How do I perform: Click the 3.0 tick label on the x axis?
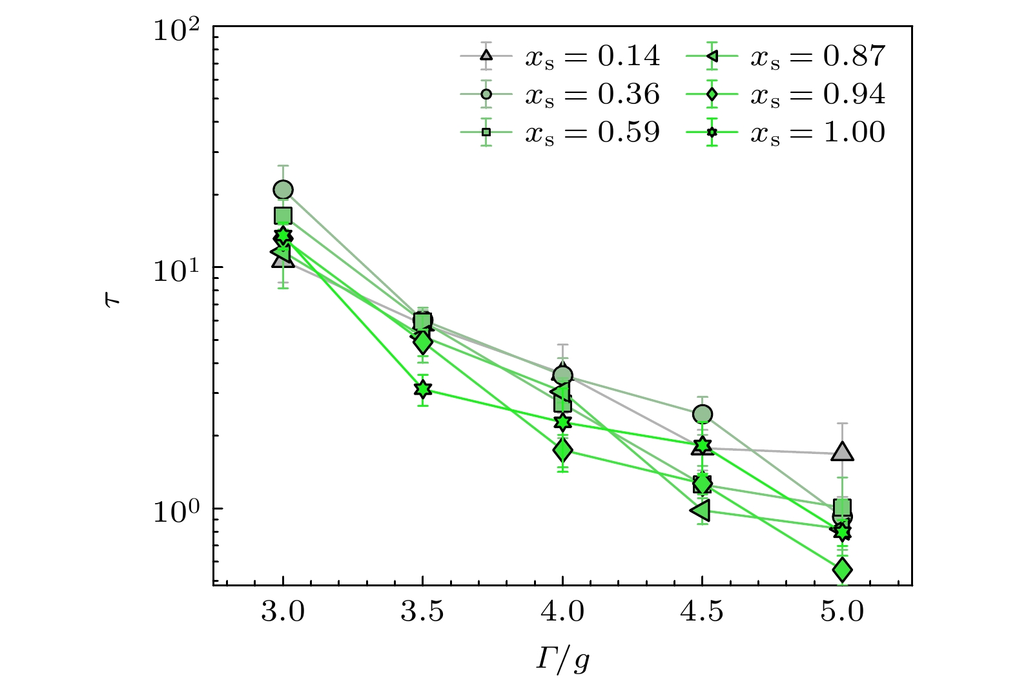pos(283,611)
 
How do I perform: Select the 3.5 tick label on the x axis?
pos(422,611)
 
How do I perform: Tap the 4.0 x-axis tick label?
pos(562,611)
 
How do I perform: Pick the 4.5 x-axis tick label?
pos(702,611)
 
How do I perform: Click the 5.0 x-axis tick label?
pos(842,611)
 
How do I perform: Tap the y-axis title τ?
pos(112,302)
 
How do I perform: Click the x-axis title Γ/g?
pos(562,659)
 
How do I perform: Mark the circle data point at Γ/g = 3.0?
pos(283,190)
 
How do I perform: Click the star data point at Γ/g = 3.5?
pos(422,389)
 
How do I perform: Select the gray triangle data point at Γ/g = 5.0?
pos(842,453)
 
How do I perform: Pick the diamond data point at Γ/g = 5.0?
pos(842,570)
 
